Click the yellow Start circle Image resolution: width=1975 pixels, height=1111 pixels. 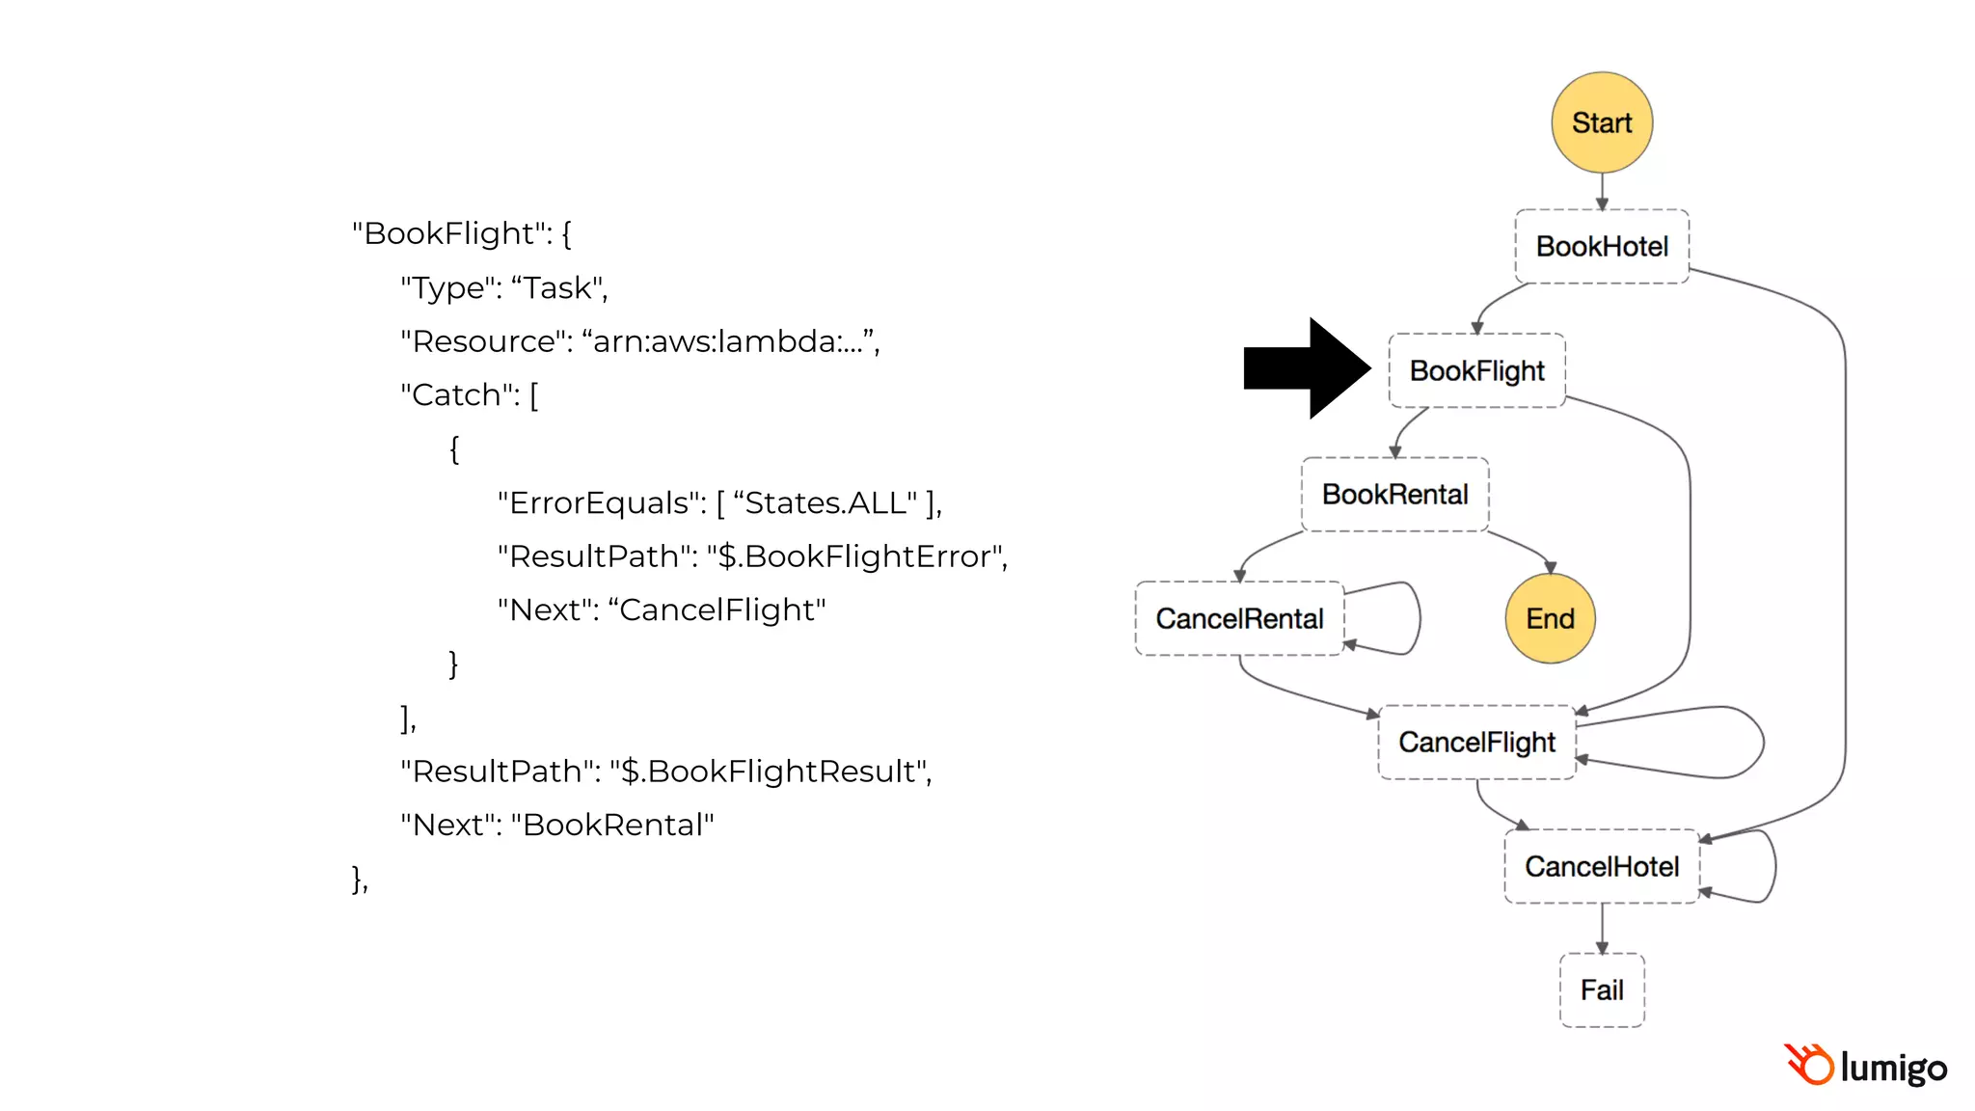1601,122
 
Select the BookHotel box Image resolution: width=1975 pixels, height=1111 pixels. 1601,247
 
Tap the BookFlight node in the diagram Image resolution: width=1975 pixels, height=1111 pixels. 1476,370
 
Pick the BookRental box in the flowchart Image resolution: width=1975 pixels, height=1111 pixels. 1394,495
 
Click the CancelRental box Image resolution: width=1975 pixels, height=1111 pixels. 1239,618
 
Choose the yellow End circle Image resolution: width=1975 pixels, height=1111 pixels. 1550,618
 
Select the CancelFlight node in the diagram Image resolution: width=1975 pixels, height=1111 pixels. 1476,743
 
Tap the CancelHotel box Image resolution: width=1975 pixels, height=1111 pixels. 1601,866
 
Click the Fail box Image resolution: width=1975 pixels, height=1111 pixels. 1601,990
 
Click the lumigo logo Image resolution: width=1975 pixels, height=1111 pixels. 1865,1067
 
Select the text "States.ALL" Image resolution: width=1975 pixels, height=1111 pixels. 825,502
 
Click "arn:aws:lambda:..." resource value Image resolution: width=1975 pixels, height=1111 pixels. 728,341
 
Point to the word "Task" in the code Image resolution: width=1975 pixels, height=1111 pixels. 557,287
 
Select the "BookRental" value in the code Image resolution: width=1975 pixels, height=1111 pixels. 612,826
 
